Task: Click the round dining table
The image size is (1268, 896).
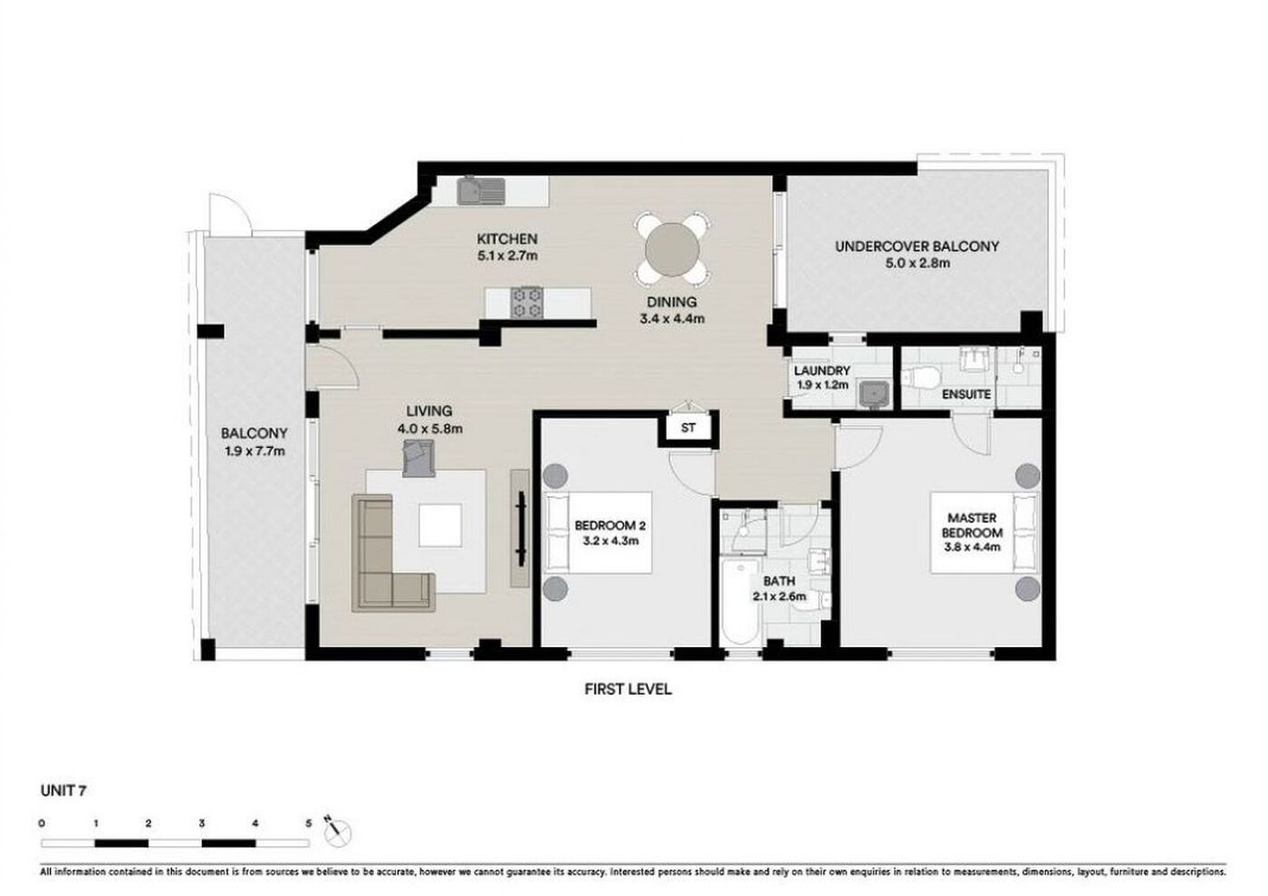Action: pos(672,250)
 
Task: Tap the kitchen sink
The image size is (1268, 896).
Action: pos(481,191)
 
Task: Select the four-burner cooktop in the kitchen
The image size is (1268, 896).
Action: pos(526,302)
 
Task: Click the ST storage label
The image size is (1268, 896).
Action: pos(687,427)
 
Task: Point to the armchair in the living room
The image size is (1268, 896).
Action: pos(418,459)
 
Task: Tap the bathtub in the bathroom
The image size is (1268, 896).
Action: pos(740,601)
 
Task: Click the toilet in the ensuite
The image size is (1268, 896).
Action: pos(920,377)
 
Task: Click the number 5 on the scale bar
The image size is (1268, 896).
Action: pos(309,824)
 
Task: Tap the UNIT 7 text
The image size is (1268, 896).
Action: pos(63,791)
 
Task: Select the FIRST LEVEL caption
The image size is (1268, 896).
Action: pos(628,690)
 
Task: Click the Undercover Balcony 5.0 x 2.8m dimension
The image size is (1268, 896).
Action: pos(917,263)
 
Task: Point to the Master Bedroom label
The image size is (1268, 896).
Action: pos(972,525)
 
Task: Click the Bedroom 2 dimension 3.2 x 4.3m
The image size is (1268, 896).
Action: pos(610,541)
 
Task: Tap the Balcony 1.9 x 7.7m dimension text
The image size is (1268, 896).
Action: pos(255,452)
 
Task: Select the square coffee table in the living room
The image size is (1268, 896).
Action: pos(440,526)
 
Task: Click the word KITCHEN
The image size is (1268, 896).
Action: pos(506,239)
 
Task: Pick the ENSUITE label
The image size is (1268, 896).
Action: pos(966,395)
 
